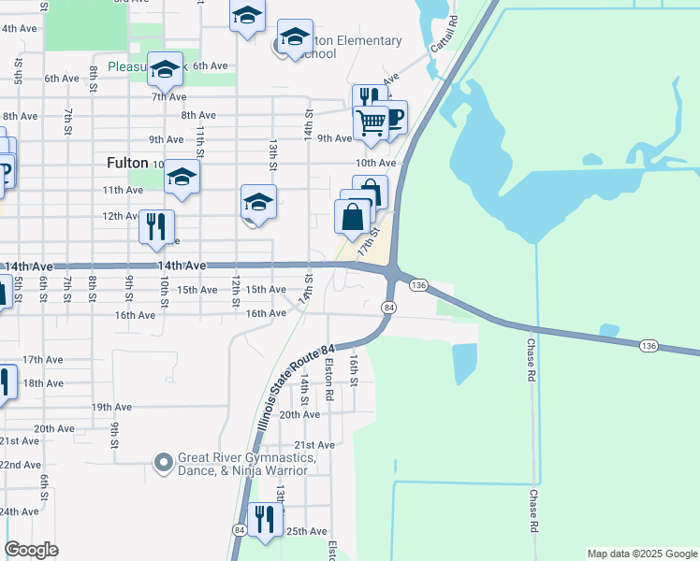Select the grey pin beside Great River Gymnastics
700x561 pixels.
pyautogui.click(x=164, y=462)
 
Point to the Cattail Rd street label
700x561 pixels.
pyautogui.click(x=444, y=34)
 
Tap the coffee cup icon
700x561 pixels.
pyautogui.click(x=391, y=116)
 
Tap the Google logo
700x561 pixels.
pyautogui.click(x=32, y=550)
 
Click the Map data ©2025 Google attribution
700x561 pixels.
pyautogui.click(x=641, y=554)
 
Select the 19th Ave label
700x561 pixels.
pyautogui.click(x=111, y=408)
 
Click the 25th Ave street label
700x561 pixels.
pyautogui.click(x=306, y=531)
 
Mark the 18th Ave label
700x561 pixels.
pyautogui.click(x=43, y=383)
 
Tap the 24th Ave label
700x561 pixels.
pyautogui.click(x=19, y=511)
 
